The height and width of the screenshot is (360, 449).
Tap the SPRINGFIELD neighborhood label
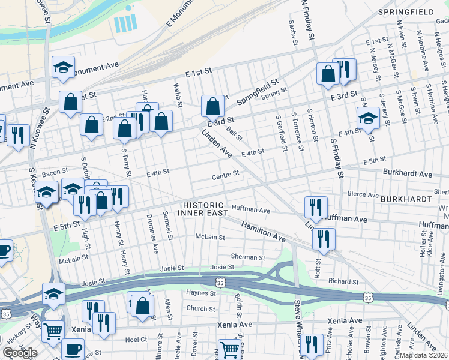coord(405,12)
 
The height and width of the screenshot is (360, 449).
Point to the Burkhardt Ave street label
coord(408,174)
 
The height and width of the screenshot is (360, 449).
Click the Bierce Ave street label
coord(364,195)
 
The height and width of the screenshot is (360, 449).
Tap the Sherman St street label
coord(248,257)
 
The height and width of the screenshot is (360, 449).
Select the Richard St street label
coord(343,281)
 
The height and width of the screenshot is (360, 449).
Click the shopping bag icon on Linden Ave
coord(212,107)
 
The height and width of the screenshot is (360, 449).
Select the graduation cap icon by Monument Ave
coord(62,68)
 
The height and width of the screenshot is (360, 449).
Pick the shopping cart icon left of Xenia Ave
coord(54,330)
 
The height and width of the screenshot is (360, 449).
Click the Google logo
coord(20,353)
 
